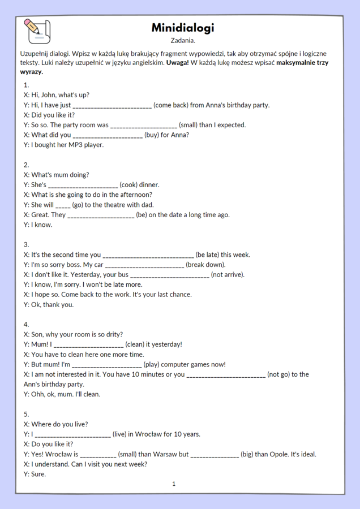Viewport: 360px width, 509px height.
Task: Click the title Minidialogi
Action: [183, 28]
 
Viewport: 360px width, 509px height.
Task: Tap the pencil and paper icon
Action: [37, 31]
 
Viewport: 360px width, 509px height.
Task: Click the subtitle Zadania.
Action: [183, 41]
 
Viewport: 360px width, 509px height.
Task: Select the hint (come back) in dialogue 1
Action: [172, 105]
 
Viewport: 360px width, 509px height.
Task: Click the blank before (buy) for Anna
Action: [108, 135]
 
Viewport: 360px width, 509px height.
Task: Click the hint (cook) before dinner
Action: [131, 185]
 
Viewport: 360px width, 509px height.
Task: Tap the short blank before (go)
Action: [63, 205]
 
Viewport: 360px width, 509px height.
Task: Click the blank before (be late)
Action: [148, 255]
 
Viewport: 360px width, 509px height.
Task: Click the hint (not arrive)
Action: [228, 275]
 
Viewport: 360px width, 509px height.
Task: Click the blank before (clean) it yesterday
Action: [88, 344]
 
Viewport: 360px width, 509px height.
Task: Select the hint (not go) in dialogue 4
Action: [280, 374]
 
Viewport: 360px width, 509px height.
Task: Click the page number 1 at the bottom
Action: [174, 484]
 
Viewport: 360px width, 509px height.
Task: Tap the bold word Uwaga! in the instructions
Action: [178, 63]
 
